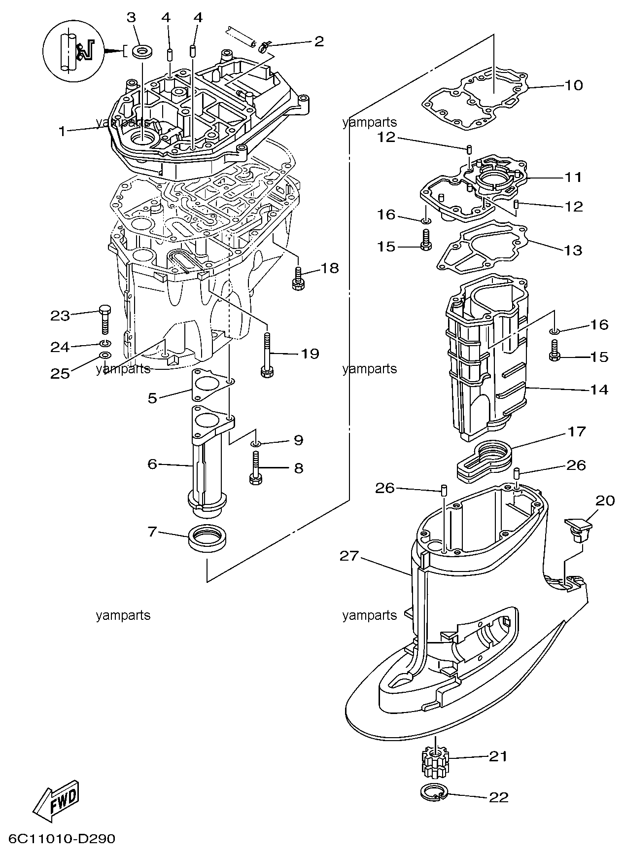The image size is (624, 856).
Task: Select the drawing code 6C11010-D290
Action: coord(62,838)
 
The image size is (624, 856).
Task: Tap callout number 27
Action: coord(350,556)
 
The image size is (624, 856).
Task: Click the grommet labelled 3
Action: coord(143,51)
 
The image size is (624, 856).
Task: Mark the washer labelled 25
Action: coord(104,356)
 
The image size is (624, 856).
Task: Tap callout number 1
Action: coord(62,131)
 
